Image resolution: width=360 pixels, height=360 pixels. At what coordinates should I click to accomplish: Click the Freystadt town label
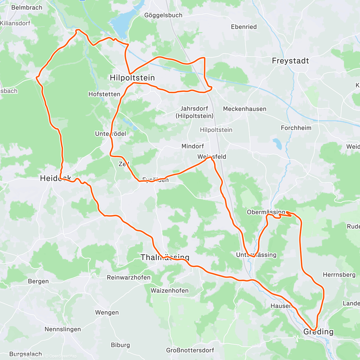[290, 61]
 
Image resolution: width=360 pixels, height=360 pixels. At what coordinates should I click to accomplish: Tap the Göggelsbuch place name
[163, 15]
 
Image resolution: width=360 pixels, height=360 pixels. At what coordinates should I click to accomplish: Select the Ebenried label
[244, 27]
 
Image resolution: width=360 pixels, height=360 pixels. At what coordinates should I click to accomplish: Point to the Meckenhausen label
[244, 109]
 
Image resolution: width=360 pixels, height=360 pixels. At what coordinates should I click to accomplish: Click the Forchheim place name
[296, 128]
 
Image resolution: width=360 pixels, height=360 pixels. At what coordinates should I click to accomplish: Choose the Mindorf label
[193, 146]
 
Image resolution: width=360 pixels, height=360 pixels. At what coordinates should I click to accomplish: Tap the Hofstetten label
[104, 94]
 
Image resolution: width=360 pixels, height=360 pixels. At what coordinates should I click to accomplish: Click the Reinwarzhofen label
[129, 277]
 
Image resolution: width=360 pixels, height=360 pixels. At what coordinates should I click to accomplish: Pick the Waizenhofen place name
[169, 291]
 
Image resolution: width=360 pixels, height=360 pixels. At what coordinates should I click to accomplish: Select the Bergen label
[38, 281]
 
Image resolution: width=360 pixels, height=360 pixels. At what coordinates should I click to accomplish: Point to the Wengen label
[107, 313]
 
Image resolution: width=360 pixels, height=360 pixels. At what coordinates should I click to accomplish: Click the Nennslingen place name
[63, 329]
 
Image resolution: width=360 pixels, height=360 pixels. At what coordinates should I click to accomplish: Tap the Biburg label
[120, 345]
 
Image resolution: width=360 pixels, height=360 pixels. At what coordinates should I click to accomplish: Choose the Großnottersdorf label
[190, 350]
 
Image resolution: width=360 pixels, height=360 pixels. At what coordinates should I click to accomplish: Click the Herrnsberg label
[339, 275]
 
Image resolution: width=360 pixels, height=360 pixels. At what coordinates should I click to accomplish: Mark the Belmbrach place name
[27, 7]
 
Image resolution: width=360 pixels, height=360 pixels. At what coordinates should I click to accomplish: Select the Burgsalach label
[26, 354]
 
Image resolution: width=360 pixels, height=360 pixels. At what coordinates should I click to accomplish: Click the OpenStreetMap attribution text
[63, 356]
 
